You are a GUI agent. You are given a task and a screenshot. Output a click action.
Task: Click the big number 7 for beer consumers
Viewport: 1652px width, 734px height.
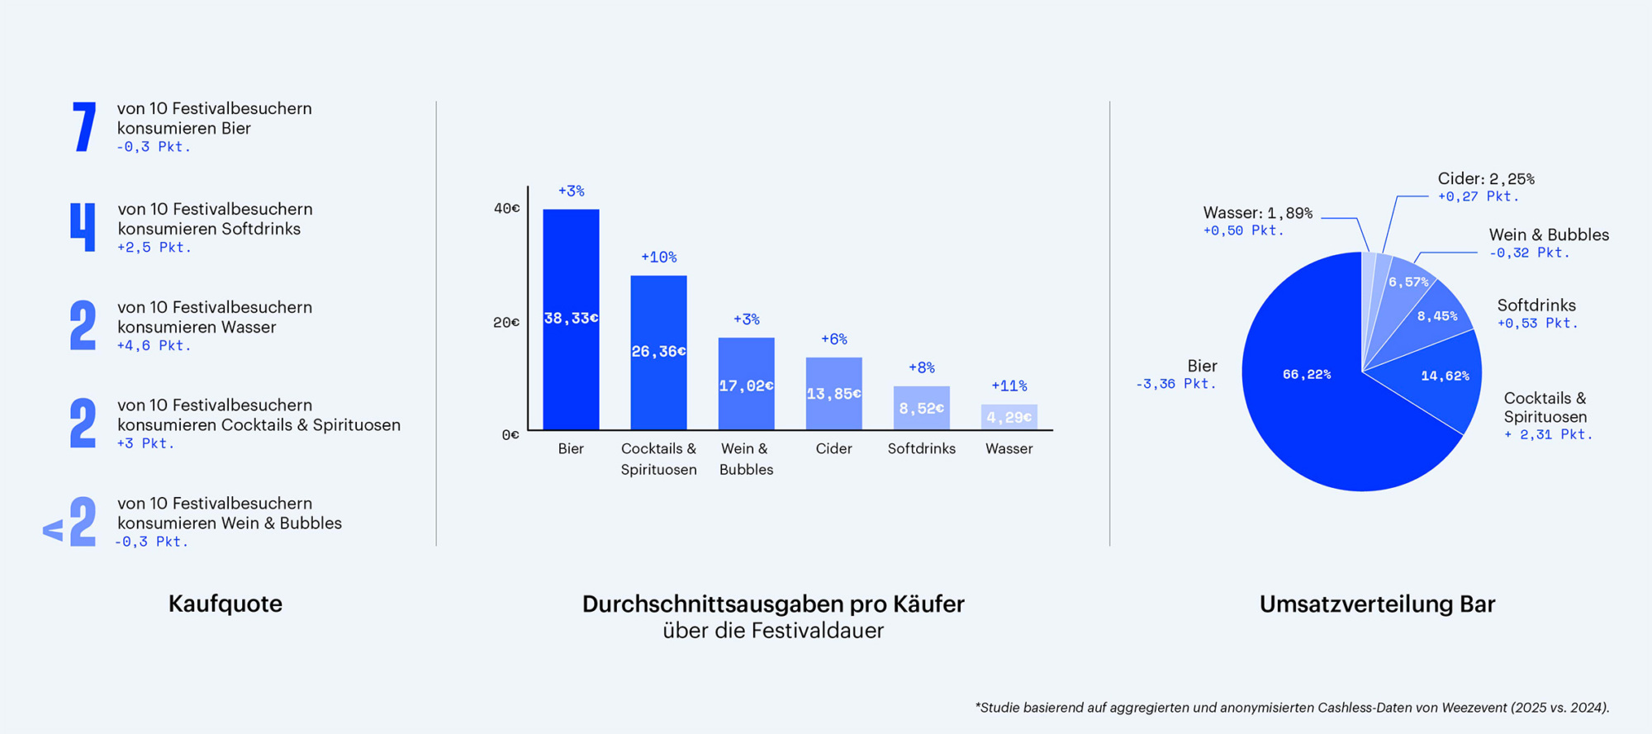pos(84,127)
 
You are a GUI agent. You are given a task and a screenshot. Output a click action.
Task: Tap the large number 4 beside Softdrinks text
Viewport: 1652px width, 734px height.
pos(83,227)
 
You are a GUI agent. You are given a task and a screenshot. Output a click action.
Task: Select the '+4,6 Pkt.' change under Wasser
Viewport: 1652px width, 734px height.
pos(154,346)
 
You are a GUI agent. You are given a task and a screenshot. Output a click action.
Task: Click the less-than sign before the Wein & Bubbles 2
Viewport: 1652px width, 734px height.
pos(53,530)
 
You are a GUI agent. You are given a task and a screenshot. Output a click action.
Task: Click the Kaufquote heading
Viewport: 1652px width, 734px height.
pos(225,604)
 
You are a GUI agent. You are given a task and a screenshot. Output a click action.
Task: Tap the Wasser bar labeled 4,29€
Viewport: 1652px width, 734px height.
pos(1009,417)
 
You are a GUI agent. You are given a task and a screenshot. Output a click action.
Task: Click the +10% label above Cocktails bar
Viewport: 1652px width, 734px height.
pos(658,258)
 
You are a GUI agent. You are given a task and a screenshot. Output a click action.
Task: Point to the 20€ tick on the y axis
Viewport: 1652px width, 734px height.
pos(506,322)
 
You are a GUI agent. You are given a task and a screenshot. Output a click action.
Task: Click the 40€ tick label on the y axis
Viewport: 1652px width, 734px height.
pos(506,208)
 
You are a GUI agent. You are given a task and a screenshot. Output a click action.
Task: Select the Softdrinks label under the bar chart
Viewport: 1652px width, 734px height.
pos(921,448)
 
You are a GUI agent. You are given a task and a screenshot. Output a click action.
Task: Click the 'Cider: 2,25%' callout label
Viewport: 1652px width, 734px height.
pos(1485,179)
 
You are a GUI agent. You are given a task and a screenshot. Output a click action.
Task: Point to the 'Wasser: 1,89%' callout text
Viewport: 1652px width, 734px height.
pos(1257,213)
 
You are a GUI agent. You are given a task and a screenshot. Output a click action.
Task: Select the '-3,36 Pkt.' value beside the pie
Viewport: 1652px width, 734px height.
pos(1175,384)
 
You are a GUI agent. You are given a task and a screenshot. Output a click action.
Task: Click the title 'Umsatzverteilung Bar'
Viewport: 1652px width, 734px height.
pos(1377,604)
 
